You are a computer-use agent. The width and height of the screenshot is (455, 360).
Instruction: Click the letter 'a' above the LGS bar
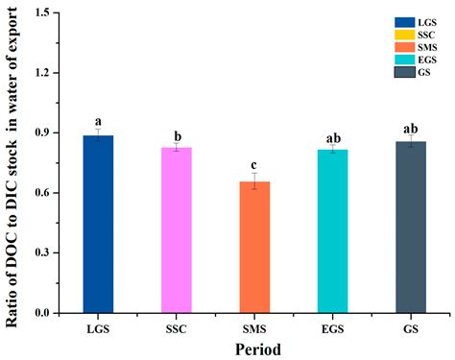pyautogui.click(x=98, y=122)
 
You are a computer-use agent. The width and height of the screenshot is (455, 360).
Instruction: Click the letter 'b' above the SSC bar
pyautogui.click(x=176, y=136)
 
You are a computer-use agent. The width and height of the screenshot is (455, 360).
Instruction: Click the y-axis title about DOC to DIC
pyautogui.click(x=13, y=163)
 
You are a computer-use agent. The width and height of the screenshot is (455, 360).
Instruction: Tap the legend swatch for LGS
pyautogui.click(x=377, y=21)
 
